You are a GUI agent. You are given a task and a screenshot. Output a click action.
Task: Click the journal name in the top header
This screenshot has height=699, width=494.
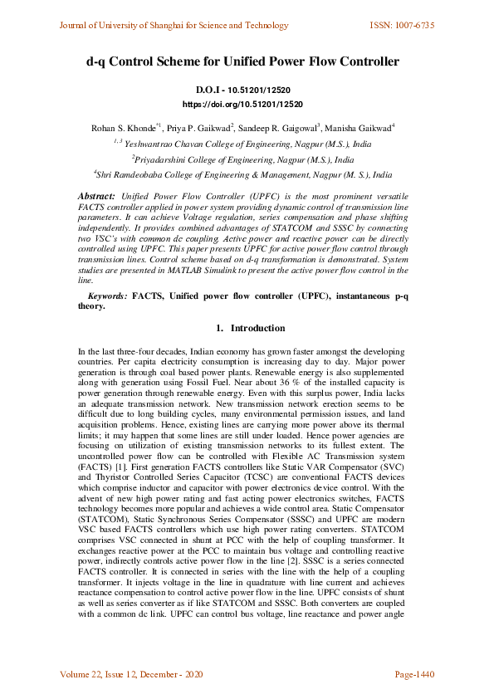(174, 26)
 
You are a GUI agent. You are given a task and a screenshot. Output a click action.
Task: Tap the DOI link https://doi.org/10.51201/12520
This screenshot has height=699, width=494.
(242, 105)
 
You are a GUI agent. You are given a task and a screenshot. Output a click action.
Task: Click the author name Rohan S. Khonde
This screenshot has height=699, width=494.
(122, 129)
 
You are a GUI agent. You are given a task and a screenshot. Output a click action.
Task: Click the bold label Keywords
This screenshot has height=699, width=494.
(107, 296)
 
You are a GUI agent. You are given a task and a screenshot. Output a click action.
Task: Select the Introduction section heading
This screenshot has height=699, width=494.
(257, 329)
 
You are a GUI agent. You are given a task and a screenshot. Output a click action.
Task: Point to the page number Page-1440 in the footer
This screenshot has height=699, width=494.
(414, 674)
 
